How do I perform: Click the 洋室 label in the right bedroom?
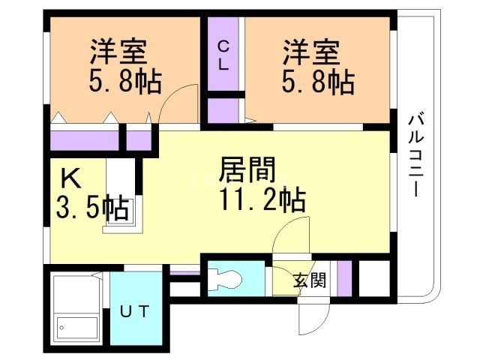[310, 52]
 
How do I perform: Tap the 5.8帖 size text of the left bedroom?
[126, 81]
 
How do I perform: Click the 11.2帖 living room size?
[262, 200]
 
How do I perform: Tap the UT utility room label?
[136, 310]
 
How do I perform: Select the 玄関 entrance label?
[309, 281]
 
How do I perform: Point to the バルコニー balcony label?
[414, 154]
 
